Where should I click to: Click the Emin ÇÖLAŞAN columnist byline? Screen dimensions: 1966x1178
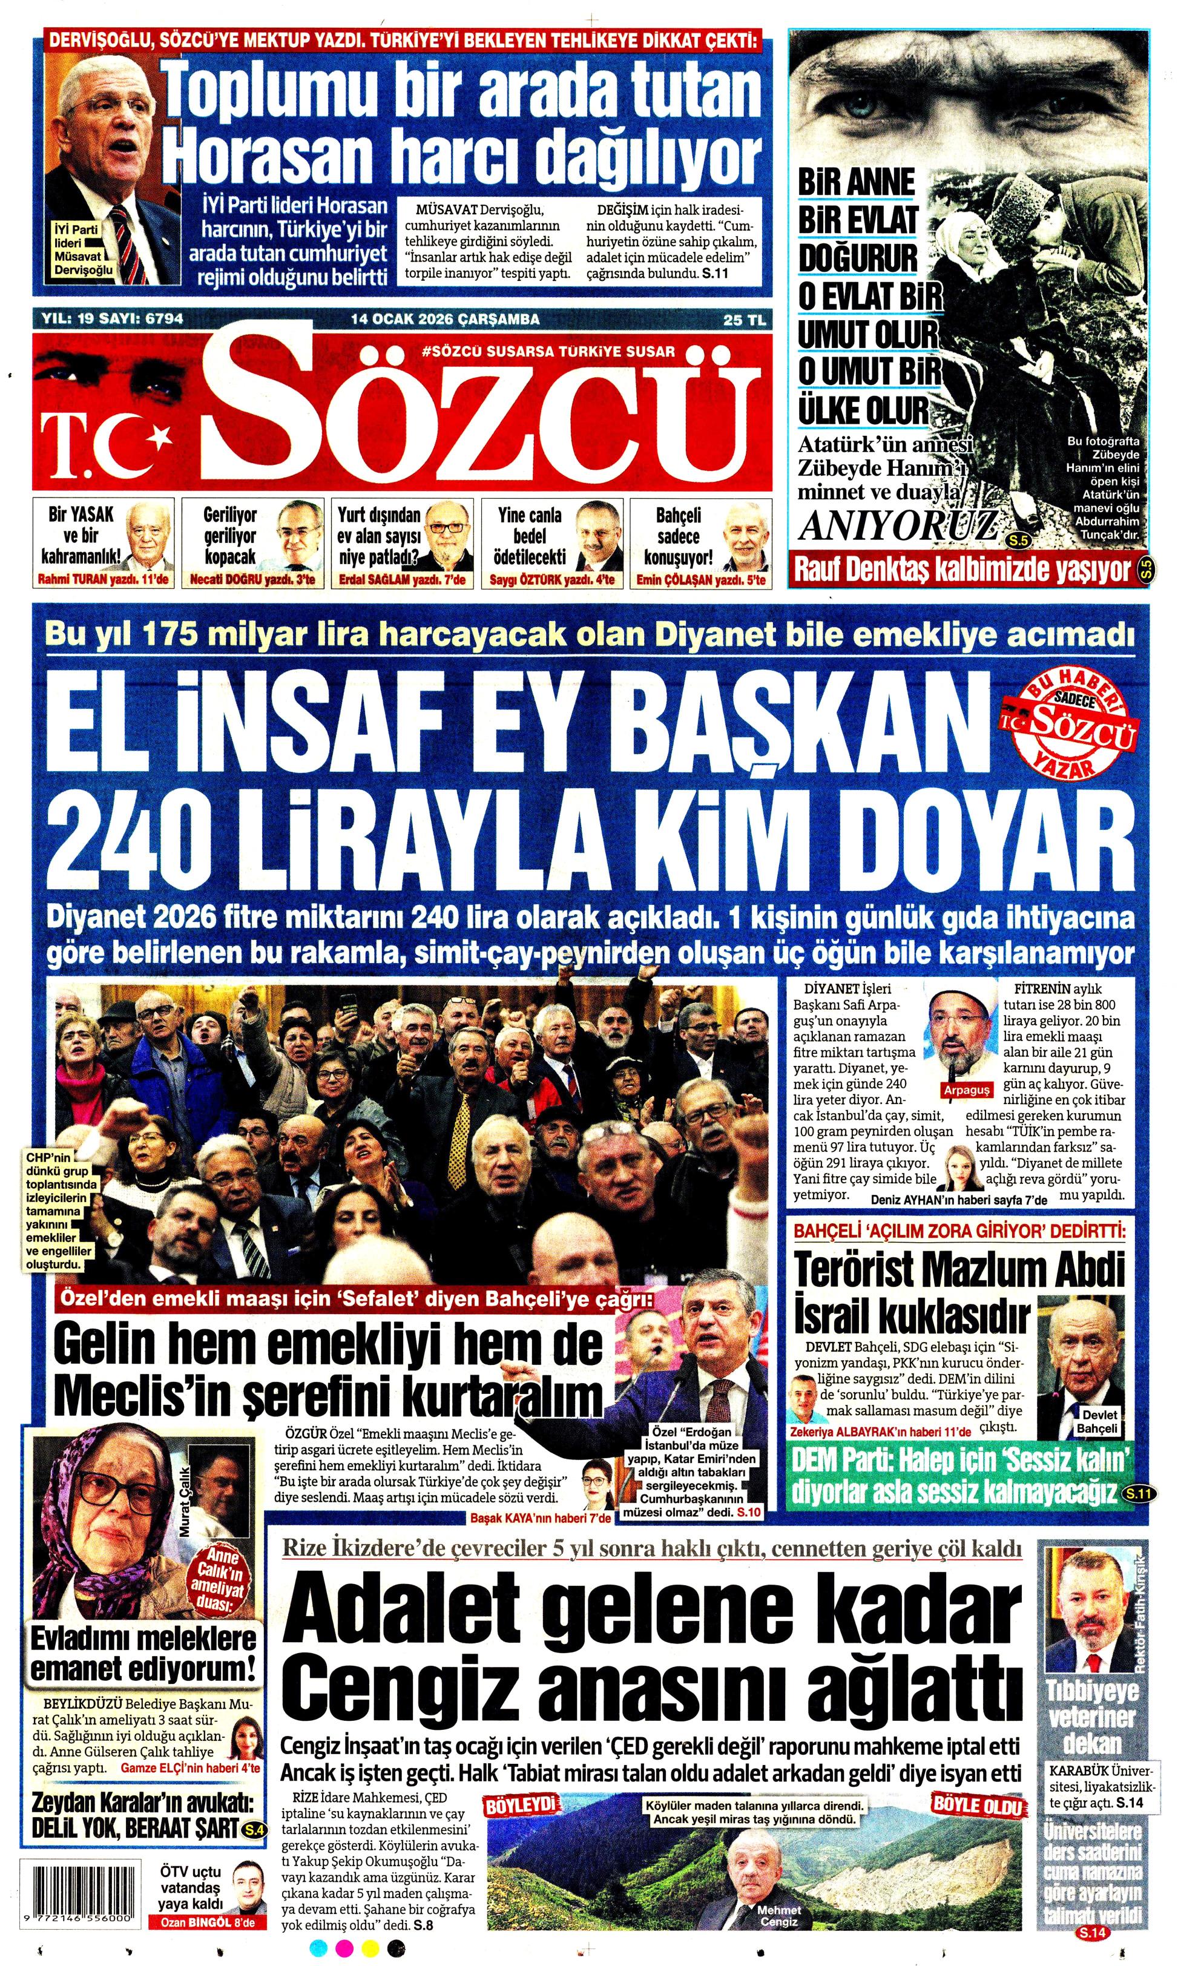[x=701, y=580]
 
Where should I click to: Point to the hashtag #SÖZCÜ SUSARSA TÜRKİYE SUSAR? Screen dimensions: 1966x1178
[x=548, y=351]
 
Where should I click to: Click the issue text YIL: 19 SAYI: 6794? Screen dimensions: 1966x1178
[x=112, y=319]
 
